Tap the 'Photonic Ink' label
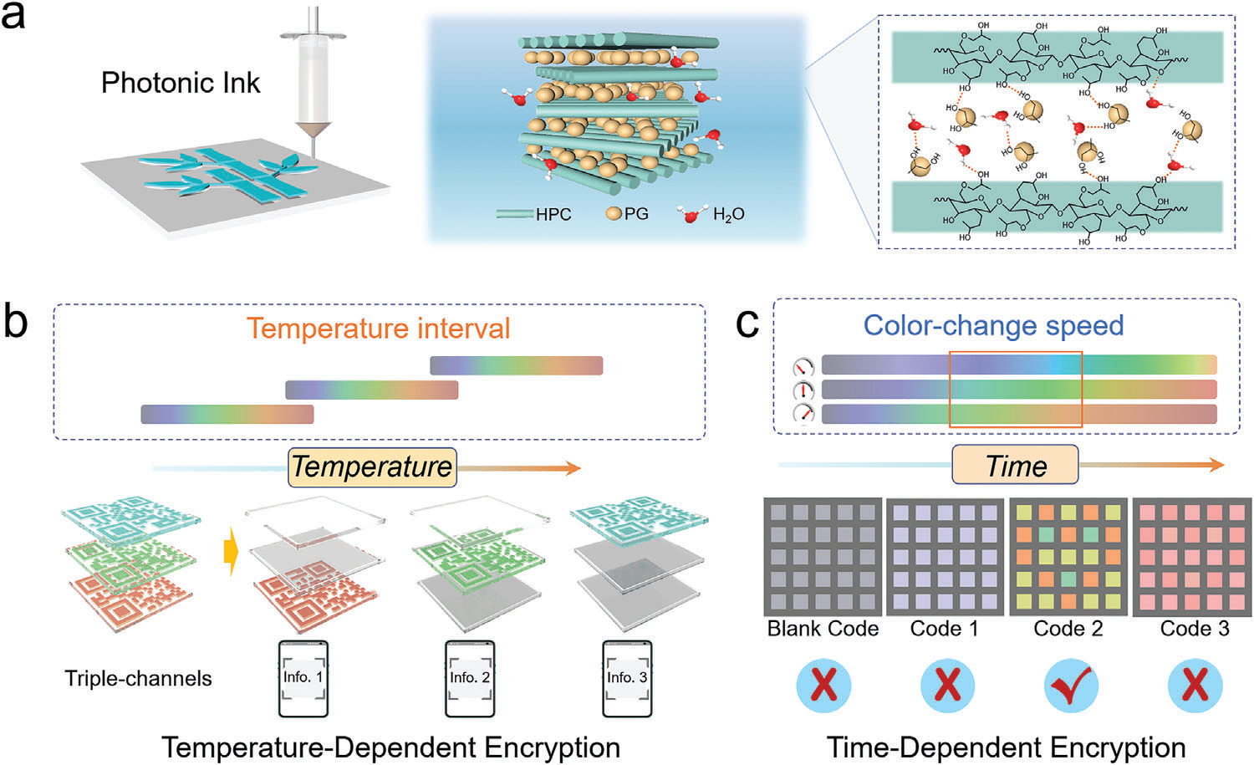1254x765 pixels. click(x=181, y=83)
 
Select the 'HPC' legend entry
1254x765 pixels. click(x=553, y=214)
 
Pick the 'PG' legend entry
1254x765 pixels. click(x=635, y=214)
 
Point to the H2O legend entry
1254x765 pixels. click(x=727, y=215)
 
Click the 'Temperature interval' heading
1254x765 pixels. click(x=378, y=328)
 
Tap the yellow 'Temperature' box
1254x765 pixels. click(x=371, y=467)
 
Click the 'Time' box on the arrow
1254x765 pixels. click(x=1015, y=466)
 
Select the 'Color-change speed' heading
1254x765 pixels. click(x=993, y=324)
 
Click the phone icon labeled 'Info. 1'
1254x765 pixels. click(x=303, y=679)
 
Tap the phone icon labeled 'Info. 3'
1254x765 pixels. click(x=627, y=679)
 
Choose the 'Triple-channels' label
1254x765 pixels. click(x=138, y=678)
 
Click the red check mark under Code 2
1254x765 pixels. click(x=1073, y=686)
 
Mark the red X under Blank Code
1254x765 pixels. click(x=823, y=686)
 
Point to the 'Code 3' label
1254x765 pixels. click(x=1194, y=629)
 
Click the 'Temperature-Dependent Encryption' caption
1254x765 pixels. click(x=390, y=747)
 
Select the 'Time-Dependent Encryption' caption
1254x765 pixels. click(x=1006, y=747)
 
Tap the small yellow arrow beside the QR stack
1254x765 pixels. click(x=231, y=555)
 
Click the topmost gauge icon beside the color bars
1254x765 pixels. click(x=803, y=367)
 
